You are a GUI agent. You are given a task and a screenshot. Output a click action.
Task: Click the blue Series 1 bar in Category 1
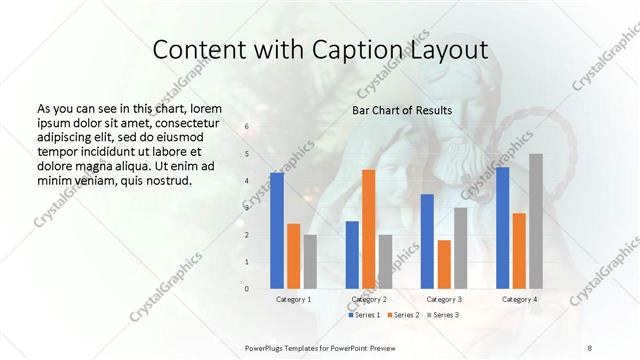tap(277, 231)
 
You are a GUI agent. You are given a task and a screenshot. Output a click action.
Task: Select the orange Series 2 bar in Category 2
tap(368, 229)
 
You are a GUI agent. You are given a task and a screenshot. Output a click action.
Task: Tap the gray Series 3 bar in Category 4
tap(536, 221)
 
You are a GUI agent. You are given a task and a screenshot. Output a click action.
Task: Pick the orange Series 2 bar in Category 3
tap(444, 264)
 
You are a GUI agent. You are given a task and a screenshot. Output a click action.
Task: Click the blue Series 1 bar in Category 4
tap(502, 228)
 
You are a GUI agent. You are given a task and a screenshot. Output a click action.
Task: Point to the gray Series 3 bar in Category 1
tap(310, 262)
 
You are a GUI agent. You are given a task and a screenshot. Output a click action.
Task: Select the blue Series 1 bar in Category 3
tap(427, 241)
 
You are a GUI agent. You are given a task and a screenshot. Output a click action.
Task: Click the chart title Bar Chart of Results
tap(401, 110)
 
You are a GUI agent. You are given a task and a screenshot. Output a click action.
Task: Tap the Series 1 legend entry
tap(365, 315)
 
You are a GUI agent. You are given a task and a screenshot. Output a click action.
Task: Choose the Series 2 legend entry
tap(403, 315)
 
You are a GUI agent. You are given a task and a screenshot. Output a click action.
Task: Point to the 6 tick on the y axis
tap(247, 127)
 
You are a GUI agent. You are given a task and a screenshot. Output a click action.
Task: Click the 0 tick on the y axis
tap(247, 289)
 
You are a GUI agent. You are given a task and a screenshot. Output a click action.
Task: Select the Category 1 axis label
tap(293, 299)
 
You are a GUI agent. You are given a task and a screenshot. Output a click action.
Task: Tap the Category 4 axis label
tap(519, 299)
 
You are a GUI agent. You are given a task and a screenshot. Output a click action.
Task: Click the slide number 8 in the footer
tap(589, 347)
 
